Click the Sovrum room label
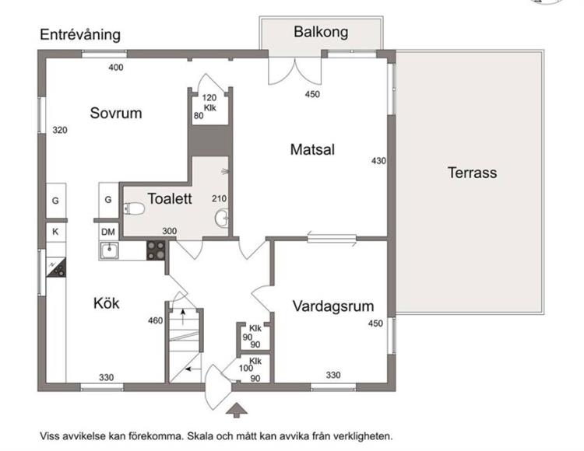pyautogui.click(x=116, y=113)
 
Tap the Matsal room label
pyautogui.click(x=312, y=149)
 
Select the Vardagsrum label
pyautogui.click(x=333, y=306)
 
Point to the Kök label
pyautogui.click(x=107, y=303)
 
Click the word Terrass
pyautogui.click(x=472, y=173)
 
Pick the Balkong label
pyautogui.click(x=321, y=32)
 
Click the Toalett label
pyautogui.click(x=170, y=199)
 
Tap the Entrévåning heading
pyautogui.click(x=80, y=34)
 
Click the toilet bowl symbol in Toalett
pyautogui.click(x=134, y=209)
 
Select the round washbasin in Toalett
pyautogui.click(x=222, y=219)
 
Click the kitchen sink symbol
pyautogui.click(x=109, y=250)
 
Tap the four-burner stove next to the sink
pyautogui.click(x=156, y=250)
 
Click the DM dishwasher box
pyautogui.click(x=108, y=232)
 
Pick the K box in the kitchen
pyautogui.click(x=55, y=232)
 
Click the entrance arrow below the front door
pyautogui.click(x=237, y=410)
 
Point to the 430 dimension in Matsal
pyautogui.click(x=378, y=161)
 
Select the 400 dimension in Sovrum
pyautogui.click(x=116, y=68)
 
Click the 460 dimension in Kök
pyautogui.click(x=155, y=320)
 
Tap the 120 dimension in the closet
pyautogui.click(x=209, y=98)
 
